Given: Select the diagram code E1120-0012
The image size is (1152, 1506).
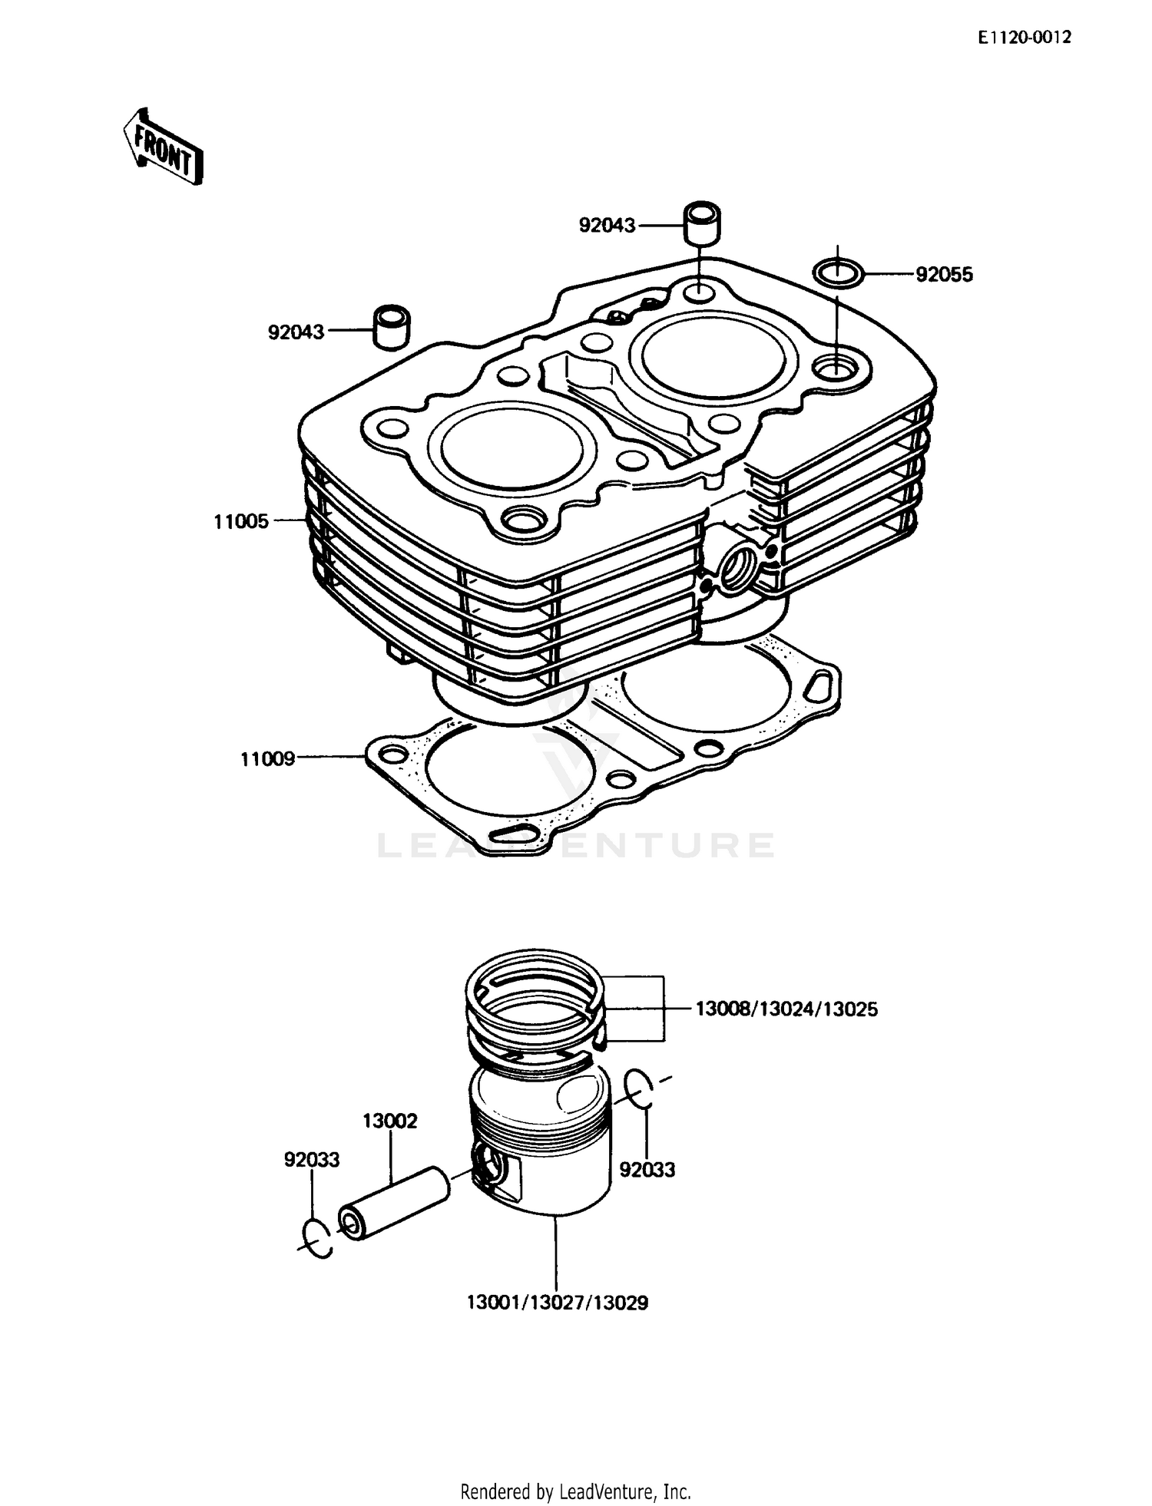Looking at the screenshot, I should click(x=1024, y=38).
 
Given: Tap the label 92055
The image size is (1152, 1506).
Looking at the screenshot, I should click(x=944, y=275).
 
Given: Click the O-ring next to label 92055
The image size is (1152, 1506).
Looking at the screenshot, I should click(x=838, y=272).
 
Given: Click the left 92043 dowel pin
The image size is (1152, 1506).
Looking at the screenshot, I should click(x=391, y=328).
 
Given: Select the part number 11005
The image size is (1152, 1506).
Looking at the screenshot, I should click(x=241, y=522).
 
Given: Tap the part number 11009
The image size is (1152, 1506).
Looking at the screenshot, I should click(x=267, y=759).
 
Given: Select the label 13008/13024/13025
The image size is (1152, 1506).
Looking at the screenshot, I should click(x=786, y=1009).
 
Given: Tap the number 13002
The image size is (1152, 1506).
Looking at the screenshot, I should click(x=390, y=1121).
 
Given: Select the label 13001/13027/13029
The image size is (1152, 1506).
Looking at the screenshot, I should click(x=558, y=1303).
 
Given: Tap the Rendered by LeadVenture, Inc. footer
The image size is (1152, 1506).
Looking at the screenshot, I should click(x=575, y=1491).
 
